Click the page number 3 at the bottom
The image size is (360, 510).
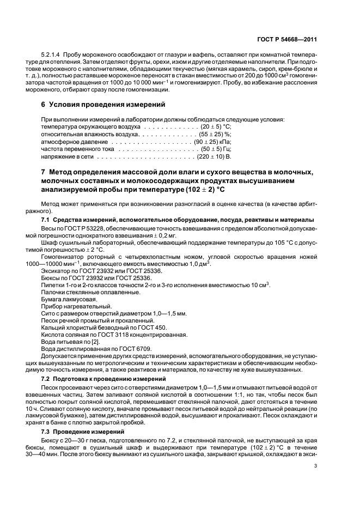(316, 466)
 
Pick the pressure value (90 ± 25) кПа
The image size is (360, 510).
(213, 141)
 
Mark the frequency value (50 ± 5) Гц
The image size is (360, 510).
(216, 149)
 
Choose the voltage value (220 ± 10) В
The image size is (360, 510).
(214, 156)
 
